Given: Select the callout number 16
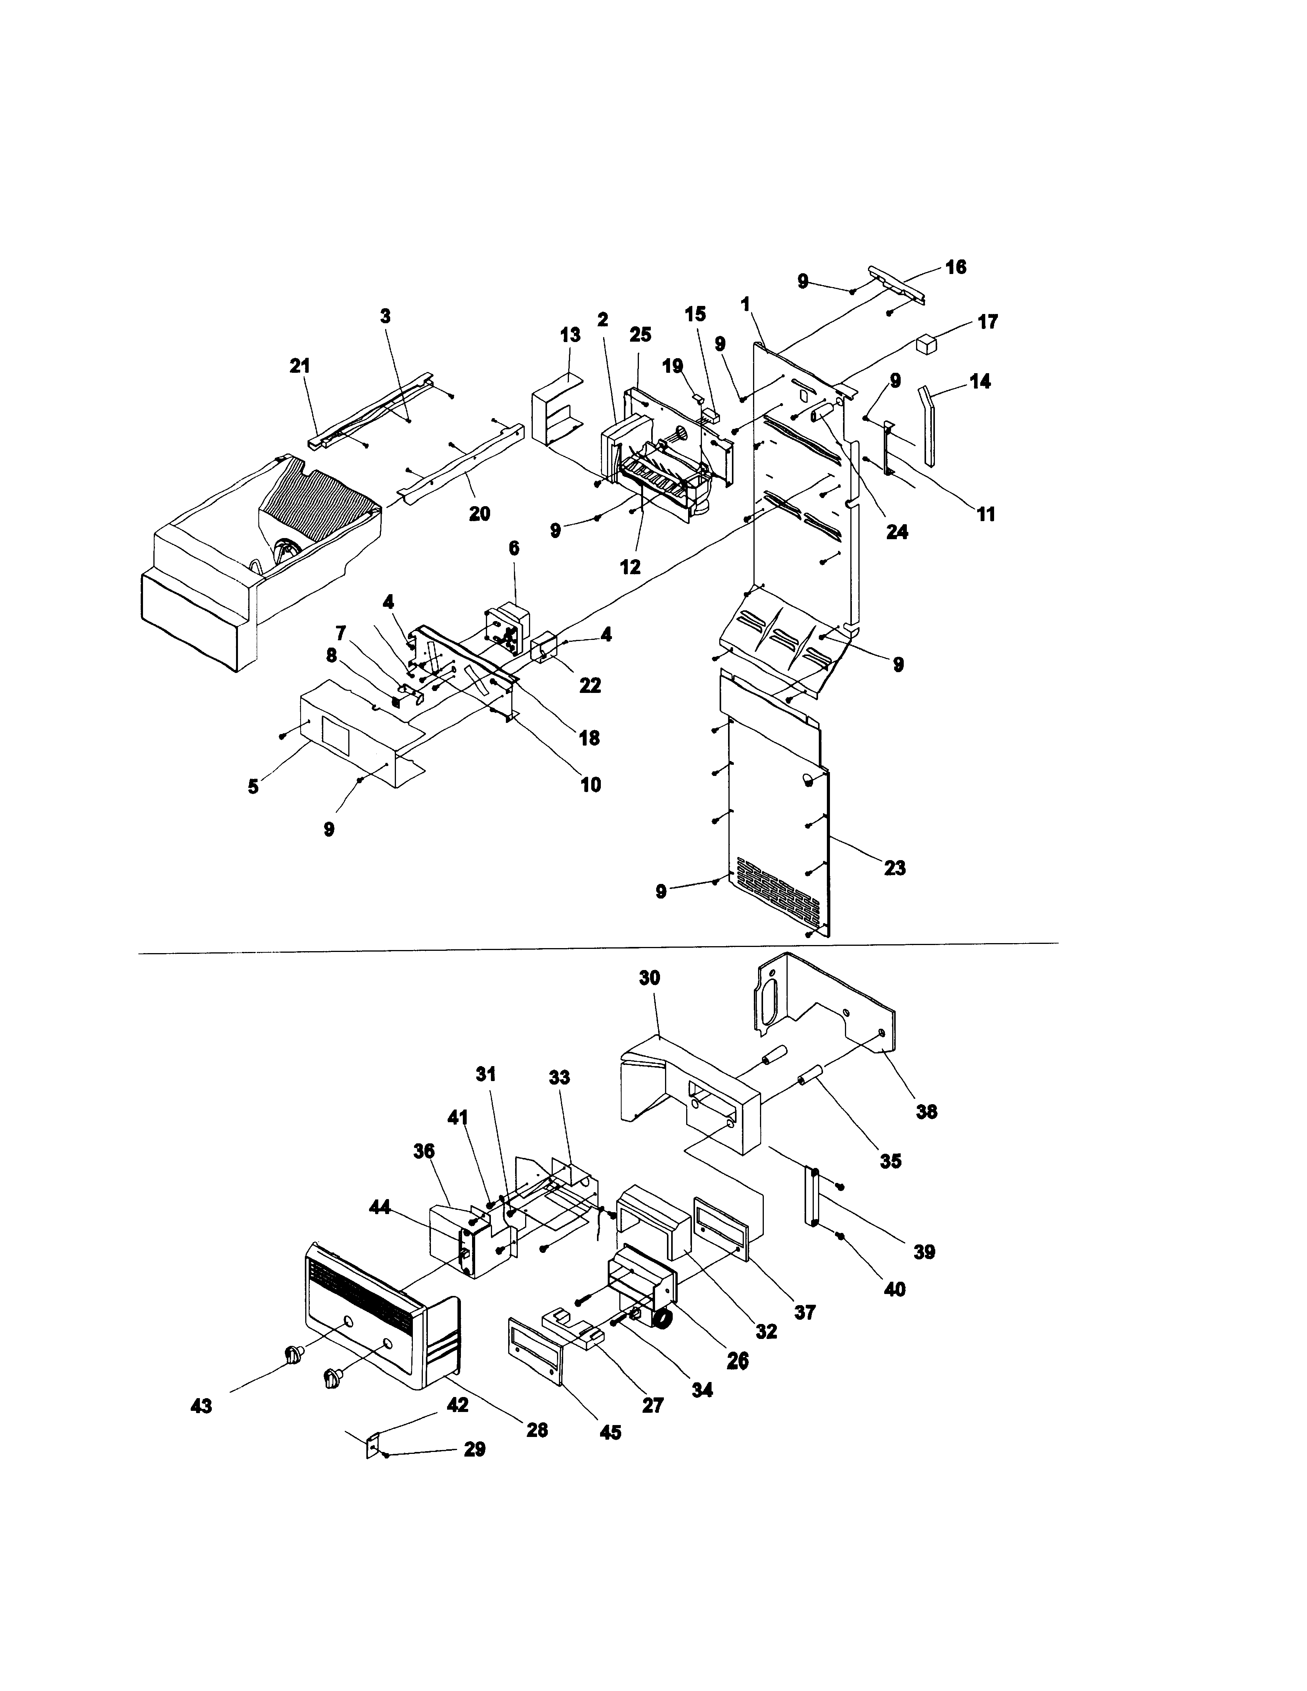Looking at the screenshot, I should point(956,267).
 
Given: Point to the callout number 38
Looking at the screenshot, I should point(926,1112).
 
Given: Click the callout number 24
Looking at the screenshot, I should point(896,532).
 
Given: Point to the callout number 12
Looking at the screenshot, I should point(630,567).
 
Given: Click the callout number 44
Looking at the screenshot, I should point(379,1207).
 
